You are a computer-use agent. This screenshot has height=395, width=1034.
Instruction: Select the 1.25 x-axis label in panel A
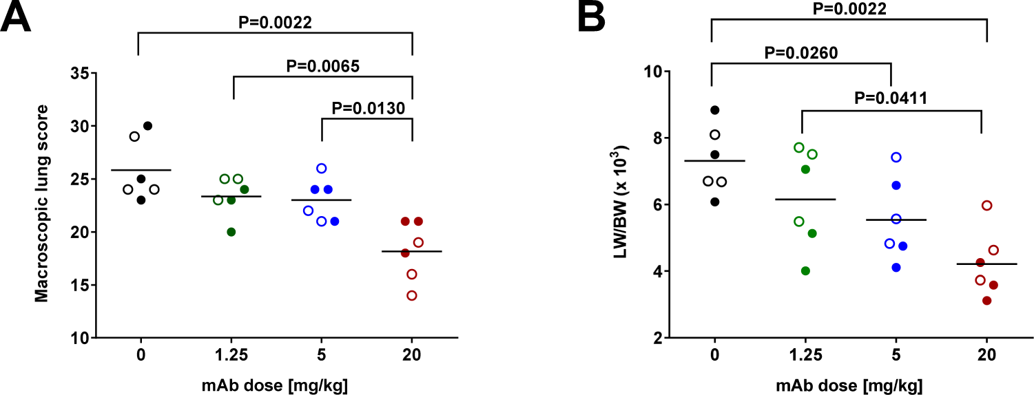233,355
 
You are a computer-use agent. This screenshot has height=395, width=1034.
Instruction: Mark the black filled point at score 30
147,126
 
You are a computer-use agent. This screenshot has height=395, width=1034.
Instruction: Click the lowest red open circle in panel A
412,295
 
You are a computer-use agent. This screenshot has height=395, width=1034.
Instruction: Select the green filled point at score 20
231,232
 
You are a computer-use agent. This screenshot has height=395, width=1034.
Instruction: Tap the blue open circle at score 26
321,168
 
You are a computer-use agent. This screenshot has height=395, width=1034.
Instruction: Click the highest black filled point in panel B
715,110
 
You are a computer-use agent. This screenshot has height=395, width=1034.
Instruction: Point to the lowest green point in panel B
800,270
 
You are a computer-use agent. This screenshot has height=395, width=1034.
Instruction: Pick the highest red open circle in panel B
986,205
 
